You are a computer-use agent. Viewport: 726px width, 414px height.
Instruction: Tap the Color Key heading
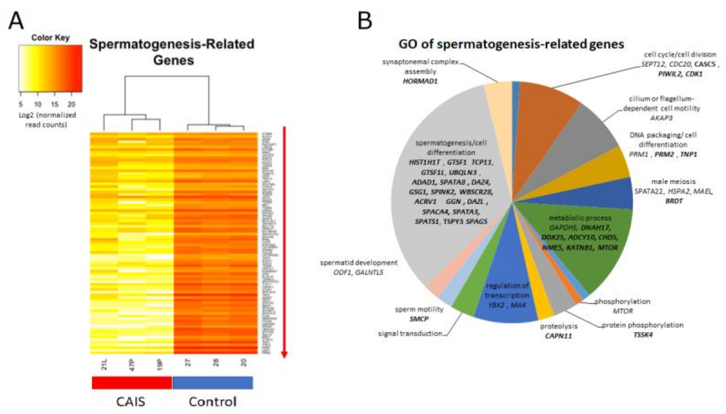coord(51,38)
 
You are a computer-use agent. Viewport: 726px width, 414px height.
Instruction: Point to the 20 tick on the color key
coord(71,104)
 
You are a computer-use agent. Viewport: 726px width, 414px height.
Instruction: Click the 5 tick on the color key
coord(21,104)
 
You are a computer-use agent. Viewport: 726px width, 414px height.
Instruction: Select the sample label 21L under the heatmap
coord(104,364)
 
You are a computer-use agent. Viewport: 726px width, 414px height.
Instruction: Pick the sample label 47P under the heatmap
coord(132,364)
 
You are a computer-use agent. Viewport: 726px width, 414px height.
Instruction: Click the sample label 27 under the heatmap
coord(188,363)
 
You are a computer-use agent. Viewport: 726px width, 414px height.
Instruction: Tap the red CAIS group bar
coord(132,383)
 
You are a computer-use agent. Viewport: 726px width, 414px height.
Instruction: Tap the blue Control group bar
coord(213,383)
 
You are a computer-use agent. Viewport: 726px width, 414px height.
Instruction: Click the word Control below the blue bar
coord(213,402)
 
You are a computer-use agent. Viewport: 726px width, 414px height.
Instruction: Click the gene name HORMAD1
coord(420,81)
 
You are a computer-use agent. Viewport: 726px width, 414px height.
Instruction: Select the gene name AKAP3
coord(661,118)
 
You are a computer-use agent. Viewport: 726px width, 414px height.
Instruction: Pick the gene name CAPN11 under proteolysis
coord(558,336)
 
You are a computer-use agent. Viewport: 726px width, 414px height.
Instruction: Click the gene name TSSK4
coord(643,335)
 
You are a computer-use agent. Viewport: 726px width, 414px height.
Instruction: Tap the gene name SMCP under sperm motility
coord(419,319)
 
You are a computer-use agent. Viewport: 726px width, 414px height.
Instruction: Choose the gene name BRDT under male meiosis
coord(674,201)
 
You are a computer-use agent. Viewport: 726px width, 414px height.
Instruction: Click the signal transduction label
coord(410,333)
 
